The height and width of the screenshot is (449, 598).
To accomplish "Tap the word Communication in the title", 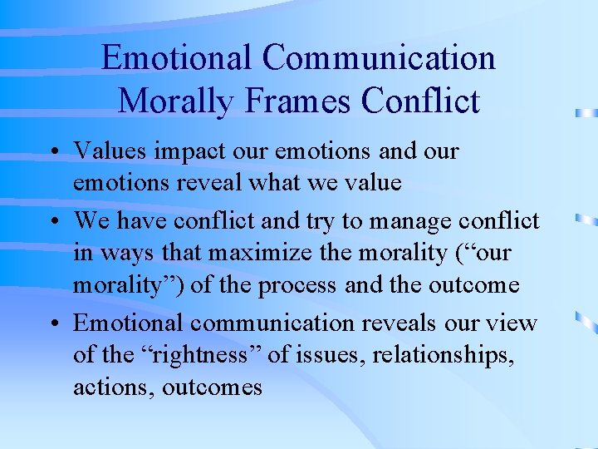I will (x=379, y=58).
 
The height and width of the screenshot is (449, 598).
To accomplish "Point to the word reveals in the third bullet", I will (x=388, y=323).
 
